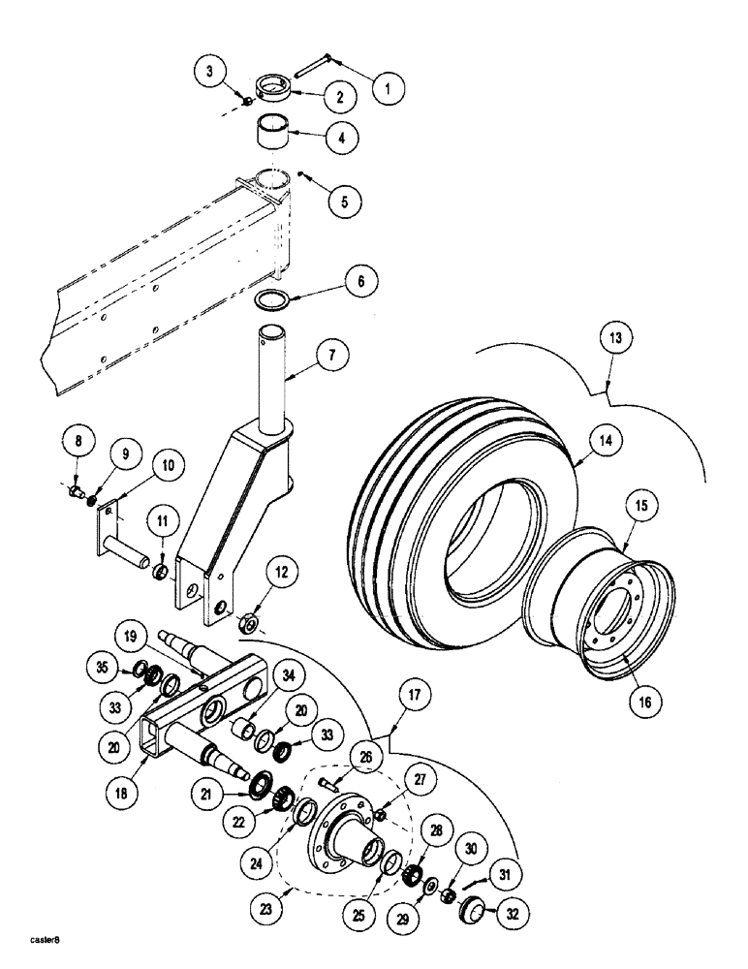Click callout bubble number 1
tap(388, 90)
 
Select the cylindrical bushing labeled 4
tap(274, 134)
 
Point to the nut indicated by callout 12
tap(249, 622)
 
